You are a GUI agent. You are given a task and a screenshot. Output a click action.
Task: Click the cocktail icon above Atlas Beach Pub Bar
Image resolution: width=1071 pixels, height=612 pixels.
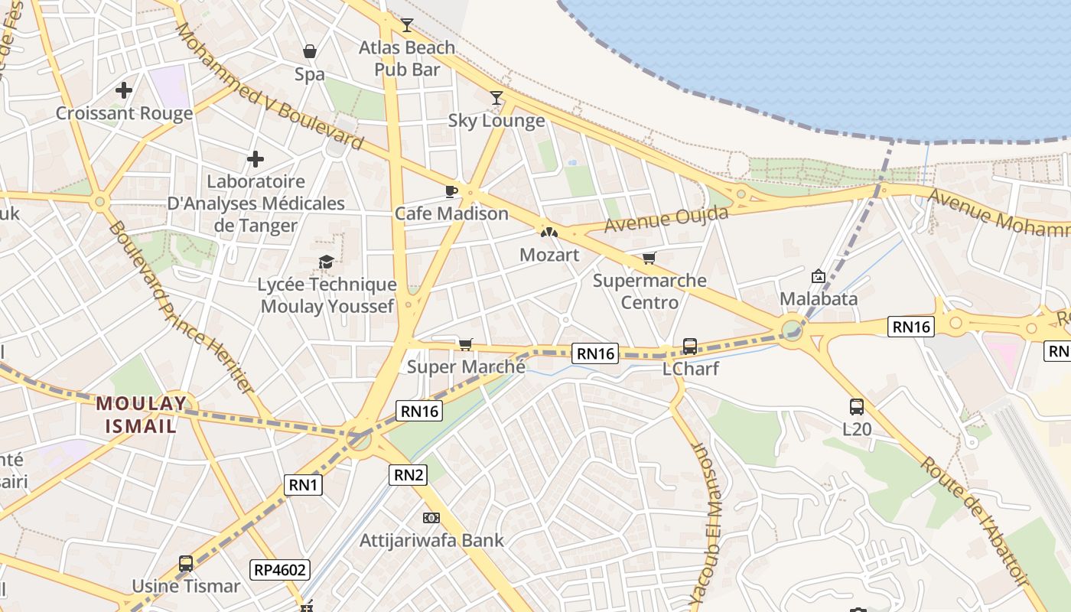click(x=407, y=25)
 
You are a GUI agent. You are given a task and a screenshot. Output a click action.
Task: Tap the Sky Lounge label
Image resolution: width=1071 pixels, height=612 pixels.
click(x=496, y=120)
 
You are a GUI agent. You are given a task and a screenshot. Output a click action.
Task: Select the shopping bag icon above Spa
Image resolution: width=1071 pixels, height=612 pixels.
click(x=310, y=51)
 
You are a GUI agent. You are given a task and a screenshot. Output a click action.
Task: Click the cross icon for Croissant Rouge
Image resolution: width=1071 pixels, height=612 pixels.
click(x=124, y=90)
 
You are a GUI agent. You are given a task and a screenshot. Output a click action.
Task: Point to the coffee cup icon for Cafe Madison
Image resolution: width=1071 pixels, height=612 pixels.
click(x=451, y=190)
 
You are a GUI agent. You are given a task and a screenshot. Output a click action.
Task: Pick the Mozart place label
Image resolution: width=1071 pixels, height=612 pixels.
click(x=549, y=255)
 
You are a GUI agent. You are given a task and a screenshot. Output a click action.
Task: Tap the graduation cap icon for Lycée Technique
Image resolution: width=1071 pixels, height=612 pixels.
click(x=327, y=262)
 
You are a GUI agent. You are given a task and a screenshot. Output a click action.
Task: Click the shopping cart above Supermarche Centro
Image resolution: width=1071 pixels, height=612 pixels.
click(x=649, y=258)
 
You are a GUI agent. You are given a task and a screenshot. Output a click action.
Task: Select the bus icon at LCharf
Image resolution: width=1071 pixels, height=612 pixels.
click(x=689, y=347)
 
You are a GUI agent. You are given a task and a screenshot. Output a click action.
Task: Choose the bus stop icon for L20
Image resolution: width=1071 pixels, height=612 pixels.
click(x=857, y=407)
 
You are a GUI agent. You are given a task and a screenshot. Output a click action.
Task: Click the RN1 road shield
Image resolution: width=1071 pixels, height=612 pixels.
click(x=304, y=484)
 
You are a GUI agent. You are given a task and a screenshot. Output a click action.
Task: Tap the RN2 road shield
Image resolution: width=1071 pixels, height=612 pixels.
click(x=409, y=474)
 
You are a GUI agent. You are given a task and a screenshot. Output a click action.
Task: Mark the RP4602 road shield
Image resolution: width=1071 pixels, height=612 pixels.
click(x=279, y=569)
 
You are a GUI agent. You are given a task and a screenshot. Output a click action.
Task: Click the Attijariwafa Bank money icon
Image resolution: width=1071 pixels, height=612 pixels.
click(x=431, y=518)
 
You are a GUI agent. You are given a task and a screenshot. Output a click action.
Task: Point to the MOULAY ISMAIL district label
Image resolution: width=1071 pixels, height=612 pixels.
click(x=142, y=414)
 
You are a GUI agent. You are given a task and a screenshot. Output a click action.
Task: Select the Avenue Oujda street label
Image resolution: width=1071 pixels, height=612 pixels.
click(x=666, y=220)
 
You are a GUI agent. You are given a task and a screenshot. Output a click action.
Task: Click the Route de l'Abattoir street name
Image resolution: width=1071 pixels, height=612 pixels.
click(x=973, y=521)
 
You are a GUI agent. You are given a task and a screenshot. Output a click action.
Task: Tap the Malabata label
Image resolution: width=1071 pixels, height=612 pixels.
click(x=819, y=298)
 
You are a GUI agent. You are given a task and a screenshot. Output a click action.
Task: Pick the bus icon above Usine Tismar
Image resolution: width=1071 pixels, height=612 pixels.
click(x=186, y=564)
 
